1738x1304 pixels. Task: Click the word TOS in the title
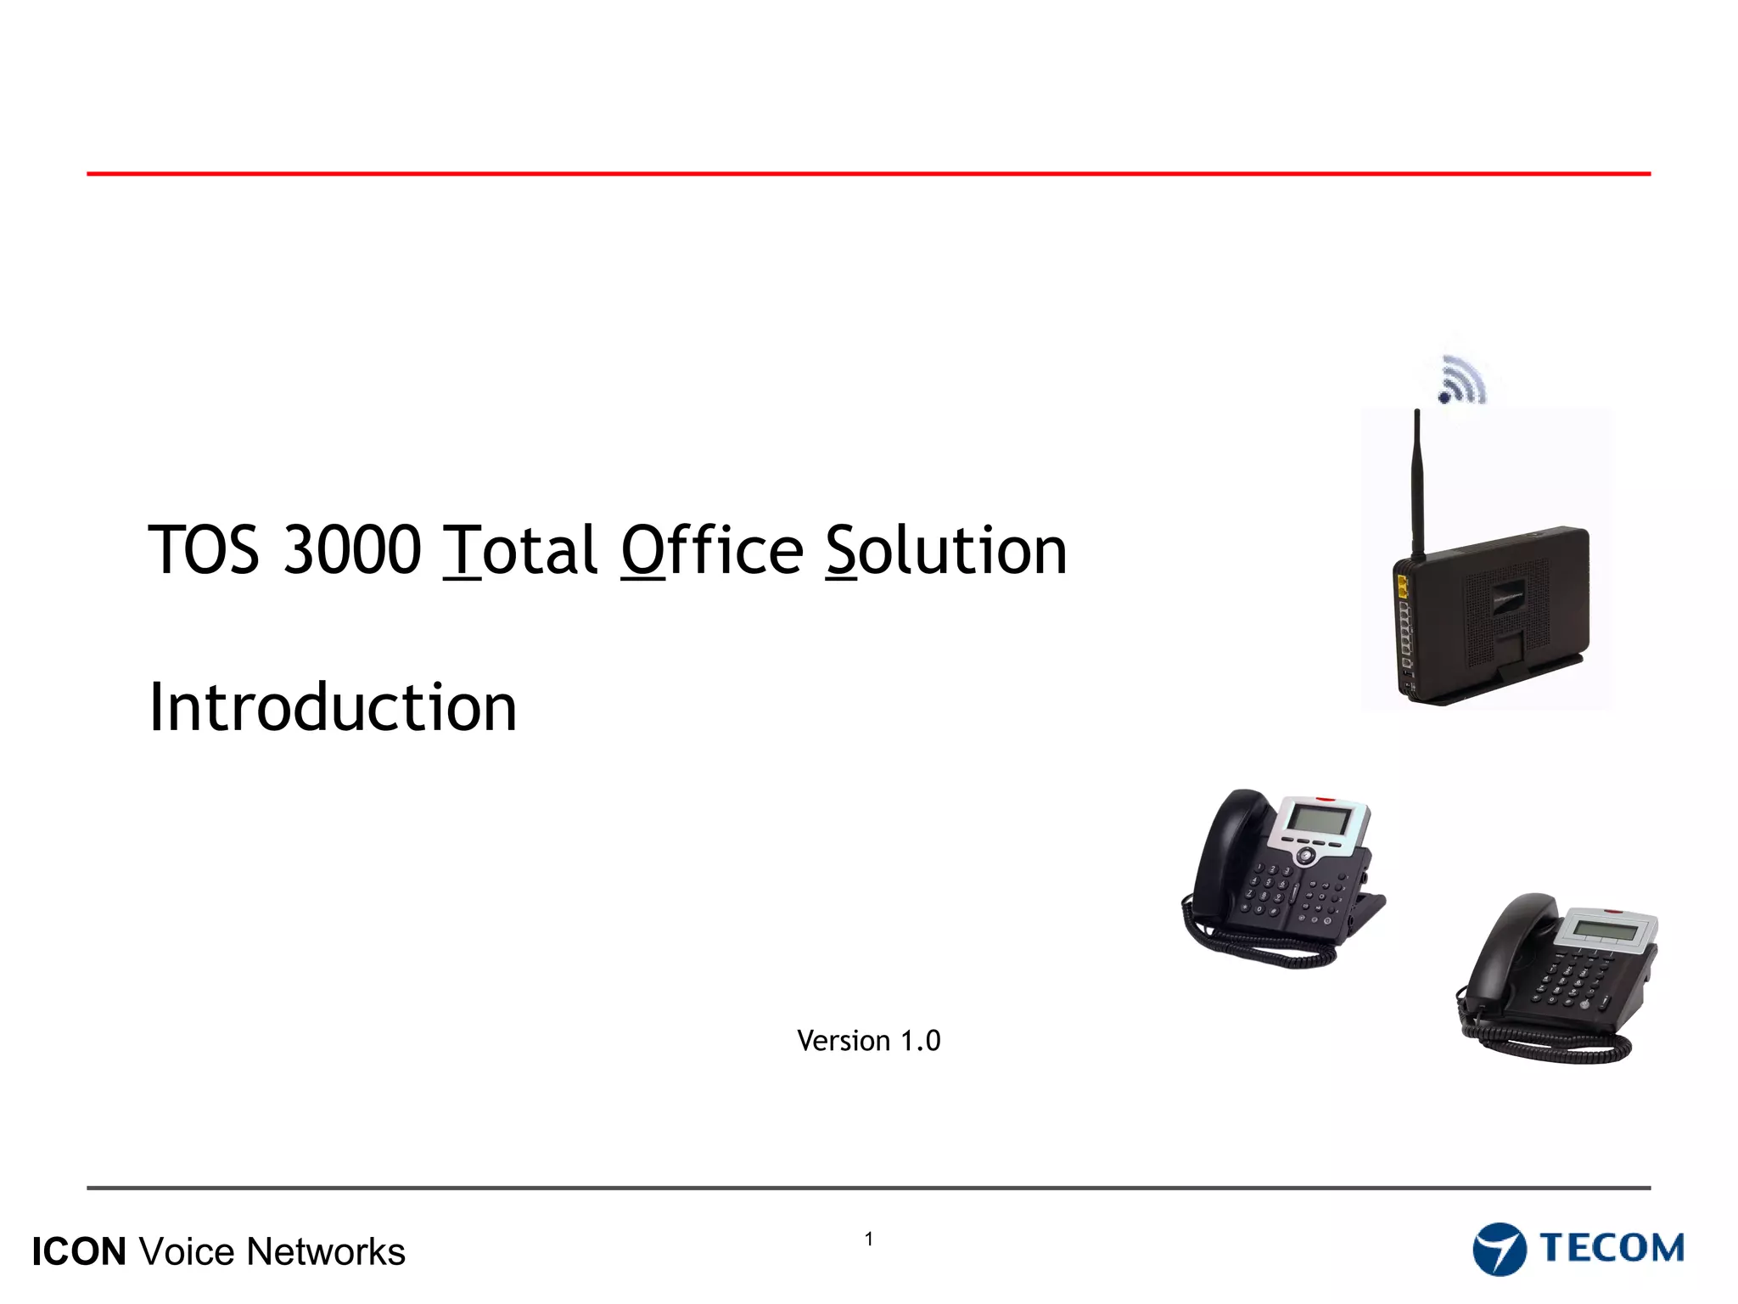(x=204, y=550)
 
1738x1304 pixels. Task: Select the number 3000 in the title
(x=351, y=550)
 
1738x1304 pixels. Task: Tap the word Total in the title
(x=521, y=550)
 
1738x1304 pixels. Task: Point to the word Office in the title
(x=711, y=550)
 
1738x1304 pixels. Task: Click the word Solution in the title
(x=945, y=550)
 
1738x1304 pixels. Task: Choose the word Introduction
(x=333, y=707)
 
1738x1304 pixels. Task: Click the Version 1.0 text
(x=868, y=1041)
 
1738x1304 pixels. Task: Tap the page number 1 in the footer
(x=869, y=1239)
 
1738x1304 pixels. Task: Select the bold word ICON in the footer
(x=79, y=1252)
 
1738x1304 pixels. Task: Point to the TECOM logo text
(x=1612, y=1248)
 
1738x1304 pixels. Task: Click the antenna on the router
(x=1416, y=484)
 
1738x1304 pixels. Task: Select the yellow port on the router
(x=1401, y=584)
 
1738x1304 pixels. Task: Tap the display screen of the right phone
(x=1604, y=930)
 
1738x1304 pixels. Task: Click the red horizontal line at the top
(x=869, y=174)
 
